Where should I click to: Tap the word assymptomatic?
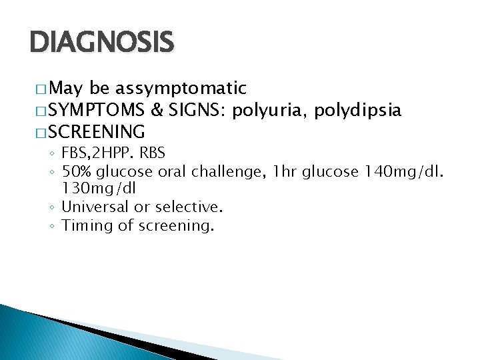[x=180, y=88]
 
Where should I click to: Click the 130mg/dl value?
[x=98, y=189]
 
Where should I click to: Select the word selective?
[x=189, y=207]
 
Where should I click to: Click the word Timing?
[x=87, y=225]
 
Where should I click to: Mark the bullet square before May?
[x=41, y=89]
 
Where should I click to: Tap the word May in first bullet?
[x=66, y=89]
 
